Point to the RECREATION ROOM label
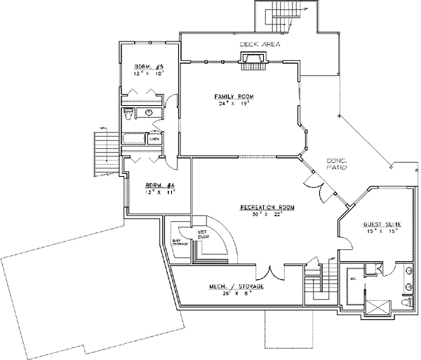[266, 208]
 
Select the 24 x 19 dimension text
[234, 104]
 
